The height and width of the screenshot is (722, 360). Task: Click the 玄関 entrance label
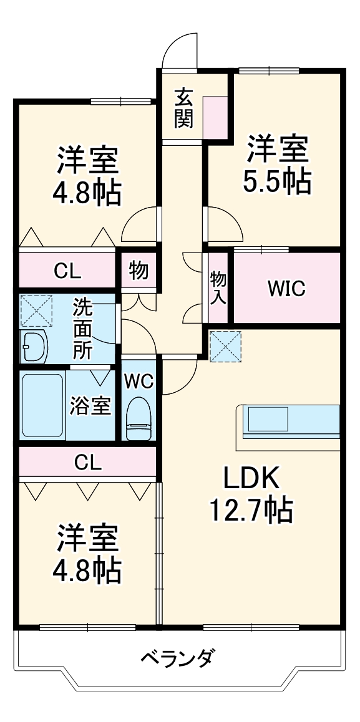point(183,108)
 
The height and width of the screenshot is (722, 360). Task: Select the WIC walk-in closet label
point(286,288)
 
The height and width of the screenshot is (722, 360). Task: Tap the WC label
point(139,382)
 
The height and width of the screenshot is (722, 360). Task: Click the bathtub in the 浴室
point(42,406)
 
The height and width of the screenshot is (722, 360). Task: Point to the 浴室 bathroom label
point(90,406)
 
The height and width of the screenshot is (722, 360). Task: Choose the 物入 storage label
point(218,287)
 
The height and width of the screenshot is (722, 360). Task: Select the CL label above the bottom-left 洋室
point(88,462)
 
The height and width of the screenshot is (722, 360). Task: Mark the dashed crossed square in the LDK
point(225,345)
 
